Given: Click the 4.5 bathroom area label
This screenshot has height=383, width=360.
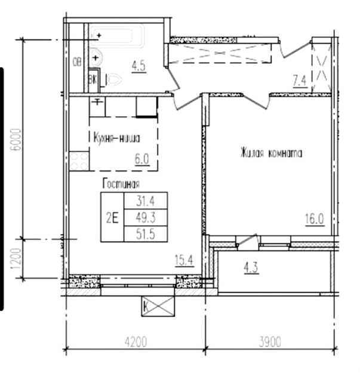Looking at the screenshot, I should coord(139,66).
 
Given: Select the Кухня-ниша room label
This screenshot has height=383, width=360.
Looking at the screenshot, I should coord(116,139).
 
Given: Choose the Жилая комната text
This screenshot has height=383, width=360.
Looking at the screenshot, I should coord(270,153).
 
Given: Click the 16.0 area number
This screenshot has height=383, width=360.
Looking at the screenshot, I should coord(314,218).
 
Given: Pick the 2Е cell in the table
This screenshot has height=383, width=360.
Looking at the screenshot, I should coord(112,217).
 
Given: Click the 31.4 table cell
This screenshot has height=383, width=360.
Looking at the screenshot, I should coord(145,200).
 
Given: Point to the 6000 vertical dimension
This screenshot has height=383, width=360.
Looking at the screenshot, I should coord(17,139).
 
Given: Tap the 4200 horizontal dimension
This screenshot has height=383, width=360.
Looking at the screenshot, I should coord(136,342).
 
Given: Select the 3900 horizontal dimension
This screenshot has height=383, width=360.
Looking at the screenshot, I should coord(270,342).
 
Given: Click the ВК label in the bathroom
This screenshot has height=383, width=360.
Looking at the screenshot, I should coord(93,78).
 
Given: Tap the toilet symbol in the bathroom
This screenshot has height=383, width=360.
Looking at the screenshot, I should coord(114,78).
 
